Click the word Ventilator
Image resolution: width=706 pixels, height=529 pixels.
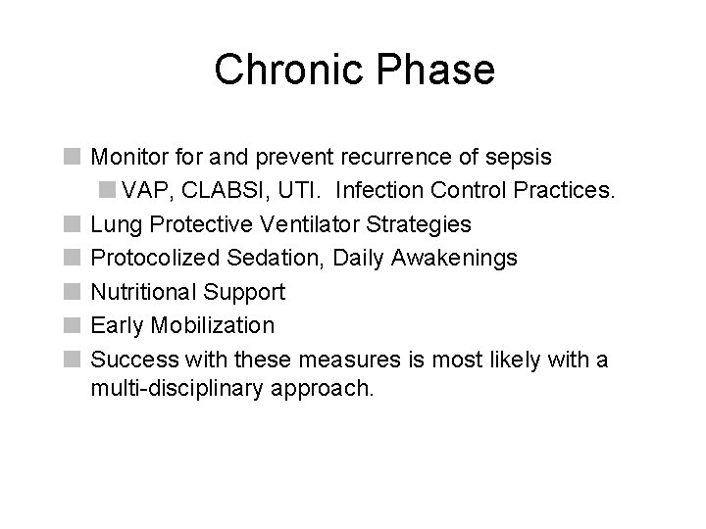(x=322, y=224)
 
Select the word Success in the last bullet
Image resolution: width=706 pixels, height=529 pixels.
(x=128, y=360)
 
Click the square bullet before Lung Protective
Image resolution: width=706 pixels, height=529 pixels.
(x=71, y=225)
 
